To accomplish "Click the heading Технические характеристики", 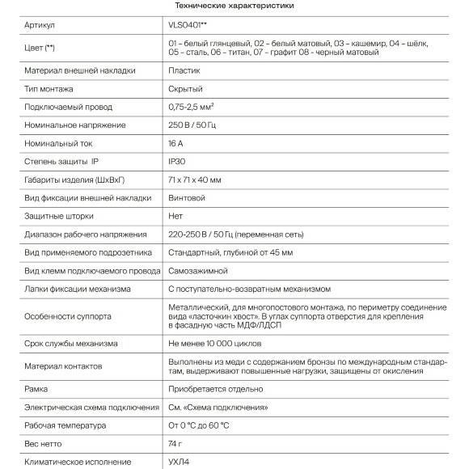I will pos(234,6).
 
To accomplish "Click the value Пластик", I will pos(184,71).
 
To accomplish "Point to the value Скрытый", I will pos(185,89).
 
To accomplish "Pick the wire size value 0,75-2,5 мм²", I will pos(196,107).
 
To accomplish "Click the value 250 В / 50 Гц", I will pos(197,125).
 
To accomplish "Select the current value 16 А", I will pos(176,143).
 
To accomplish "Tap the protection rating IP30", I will pos(178,162).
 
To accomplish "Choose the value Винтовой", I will pos(187,197).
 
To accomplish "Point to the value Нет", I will pos(175,216).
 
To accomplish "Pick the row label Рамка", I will pos(36,389).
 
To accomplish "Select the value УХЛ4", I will pos(180,462).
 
